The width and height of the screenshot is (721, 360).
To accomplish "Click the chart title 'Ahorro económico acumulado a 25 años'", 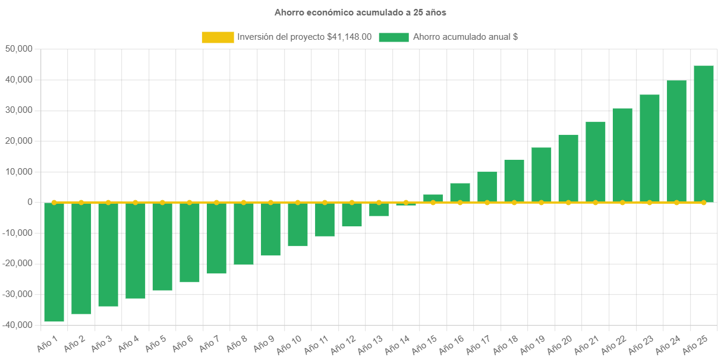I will click(x=360, y=12).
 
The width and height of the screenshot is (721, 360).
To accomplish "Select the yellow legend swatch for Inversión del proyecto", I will click(x=218, y=37).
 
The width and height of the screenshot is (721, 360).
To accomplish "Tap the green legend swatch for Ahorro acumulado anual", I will click(x=393, y=37).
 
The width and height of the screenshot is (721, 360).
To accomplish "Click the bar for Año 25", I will click(x=704, y=134).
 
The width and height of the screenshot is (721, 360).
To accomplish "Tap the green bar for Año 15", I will click(x=433, y=198).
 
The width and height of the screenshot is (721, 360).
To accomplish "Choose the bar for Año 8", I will click(x=244, y=233).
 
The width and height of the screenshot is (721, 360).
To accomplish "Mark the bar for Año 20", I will click(x=568, y=169).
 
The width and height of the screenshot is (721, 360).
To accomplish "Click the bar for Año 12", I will click(x=352, y=214).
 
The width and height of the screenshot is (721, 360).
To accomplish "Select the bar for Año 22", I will click(x=622, y=155).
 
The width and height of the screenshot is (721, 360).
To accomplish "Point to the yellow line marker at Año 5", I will click(x=162, y=203).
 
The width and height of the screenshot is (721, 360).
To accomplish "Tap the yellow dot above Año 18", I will click(x=514, y=203).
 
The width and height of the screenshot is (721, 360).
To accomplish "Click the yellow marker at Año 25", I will click(x=704, y=203).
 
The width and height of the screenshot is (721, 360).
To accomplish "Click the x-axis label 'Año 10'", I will click(x=289, y=344).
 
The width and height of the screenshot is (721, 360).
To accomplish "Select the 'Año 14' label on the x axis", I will click(x=398, y=344).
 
